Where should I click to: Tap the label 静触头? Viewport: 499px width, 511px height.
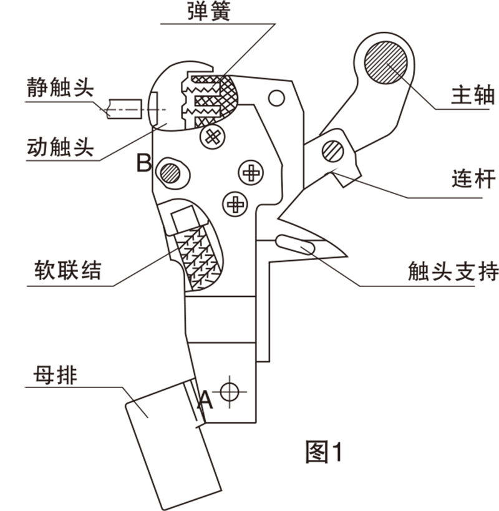pyautogui.click(x=59, y=87)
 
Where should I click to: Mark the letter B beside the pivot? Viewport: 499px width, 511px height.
pyautogui.click(x=144, y=163)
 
